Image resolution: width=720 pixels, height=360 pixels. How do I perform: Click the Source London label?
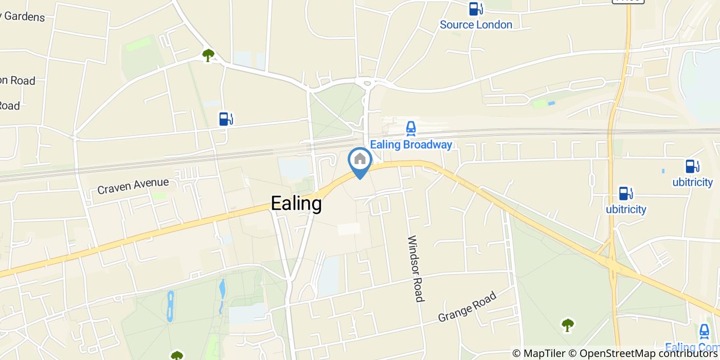476,25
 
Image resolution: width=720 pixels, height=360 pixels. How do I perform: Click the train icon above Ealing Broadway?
410,128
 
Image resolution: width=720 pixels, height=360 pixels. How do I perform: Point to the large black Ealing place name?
296,204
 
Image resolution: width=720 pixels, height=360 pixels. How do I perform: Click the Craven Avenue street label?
133,186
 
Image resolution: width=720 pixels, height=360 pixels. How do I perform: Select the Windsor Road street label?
416,268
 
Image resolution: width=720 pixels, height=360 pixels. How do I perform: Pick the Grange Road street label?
467,307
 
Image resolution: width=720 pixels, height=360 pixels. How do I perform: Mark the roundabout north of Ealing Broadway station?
367,83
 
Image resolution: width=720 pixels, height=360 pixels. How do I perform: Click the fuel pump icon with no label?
225,119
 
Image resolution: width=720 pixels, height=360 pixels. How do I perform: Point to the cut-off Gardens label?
23,16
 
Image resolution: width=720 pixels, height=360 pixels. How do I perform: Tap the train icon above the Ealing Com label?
704,331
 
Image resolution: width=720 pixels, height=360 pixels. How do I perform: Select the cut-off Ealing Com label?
692,348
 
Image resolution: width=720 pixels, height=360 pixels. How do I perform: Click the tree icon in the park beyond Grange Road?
568,324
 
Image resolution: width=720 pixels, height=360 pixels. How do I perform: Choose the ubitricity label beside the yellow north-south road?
626,209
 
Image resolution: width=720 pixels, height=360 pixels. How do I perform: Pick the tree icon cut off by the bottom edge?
177,355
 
